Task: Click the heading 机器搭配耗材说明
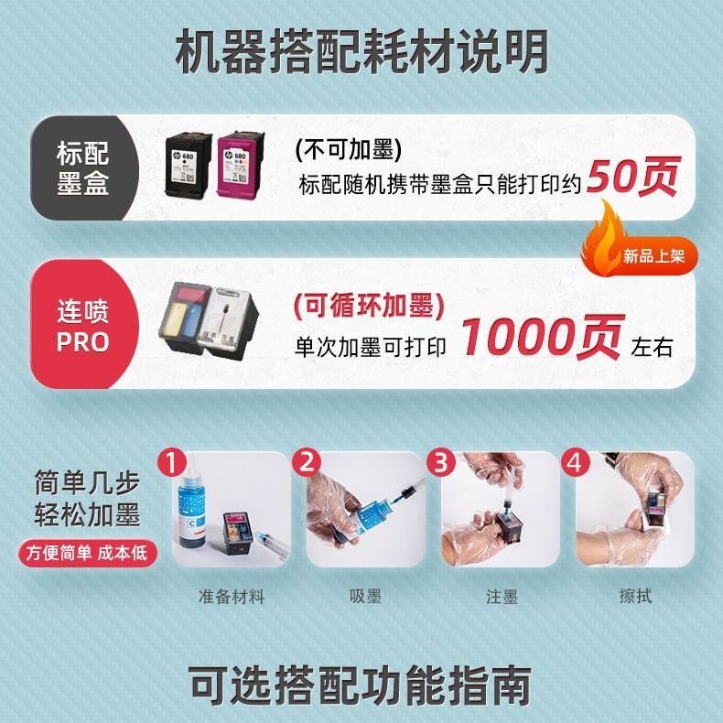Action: click(x=361, y=51)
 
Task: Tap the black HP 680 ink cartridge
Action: click(x=189, y=164)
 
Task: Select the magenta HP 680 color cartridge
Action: click(x=241, y=164)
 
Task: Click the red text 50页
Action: click(x=633, y=176)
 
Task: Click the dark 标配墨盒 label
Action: click(x=83, y=167)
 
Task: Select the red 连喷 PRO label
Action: click(x=83, y=325)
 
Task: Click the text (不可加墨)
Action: click(x=349, y=149)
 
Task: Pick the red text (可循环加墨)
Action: click(x=369, y=307)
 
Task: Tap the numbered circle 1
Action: click(x=171, y=462)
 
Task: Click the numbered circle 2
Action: click(x=308, y=461)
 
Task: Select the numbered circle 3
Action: click(x=441, y=461)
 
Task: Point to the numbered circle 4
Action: click(x=576, y=461)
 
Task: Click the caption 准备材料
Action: click(x=232, y=597)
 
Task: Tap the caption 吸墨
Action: click(x=365, y=596)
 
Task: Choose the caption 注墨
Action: click(x=502, y=597)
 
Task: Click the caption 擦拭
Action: click(x=635, y=596)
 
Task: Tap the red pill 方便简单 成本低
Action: click(x=88, y=554)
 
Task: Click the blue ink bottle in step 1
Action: click(x=192, y=507)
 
